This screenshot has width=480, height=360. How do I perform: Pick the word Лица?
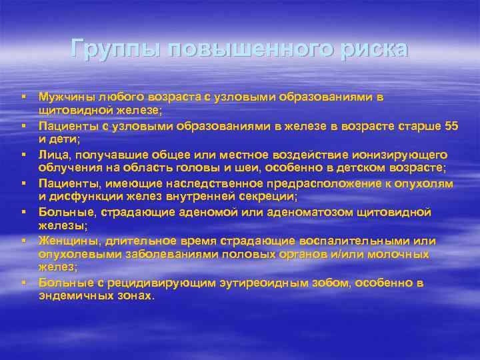(51, 154)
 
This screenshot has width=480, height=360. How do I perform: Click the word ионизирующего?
(397, 154)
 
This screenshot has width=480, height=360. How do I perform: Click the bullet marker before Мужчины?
(23, 97)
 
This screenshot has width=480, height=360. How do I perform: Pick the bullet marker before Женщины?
(23, 241)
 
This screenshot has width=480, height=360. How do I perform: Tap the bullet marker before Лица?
(23, 154)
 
